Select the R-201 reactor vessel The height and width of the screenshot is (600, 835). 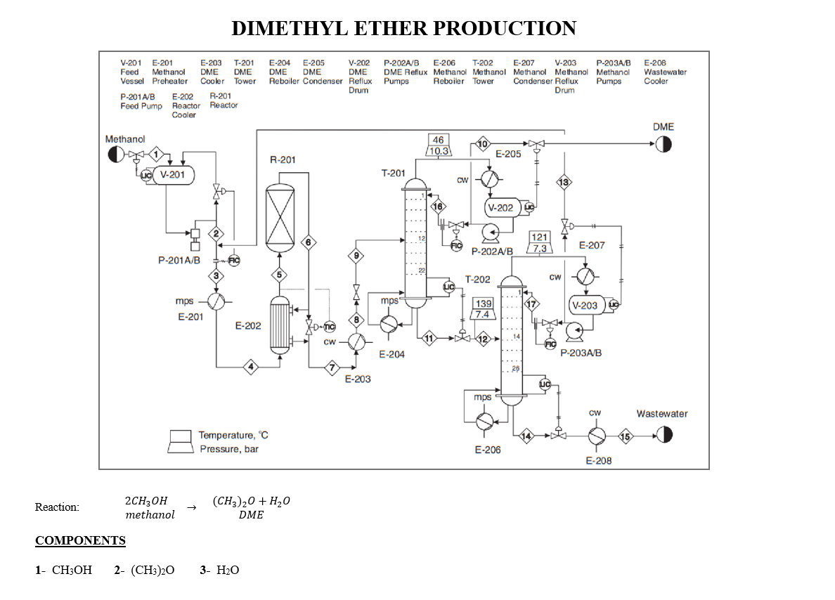click(280, 218)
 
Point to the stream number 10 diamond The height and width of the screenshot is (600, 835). click(483, 144)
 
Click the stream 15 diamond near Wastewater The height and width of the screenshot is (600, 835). click(625, 436)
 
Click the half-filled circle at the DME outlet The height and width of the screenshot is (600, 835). click(663, 145)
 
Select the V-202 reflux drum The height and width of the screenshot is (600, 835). click(500, 207)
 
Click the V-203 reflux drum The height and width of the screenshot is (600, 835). click(585, 305)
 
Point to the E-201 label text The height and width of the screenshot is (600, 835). click(190, 317)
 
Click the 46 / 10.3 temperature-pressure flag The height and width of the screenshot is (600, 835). click(439, 145)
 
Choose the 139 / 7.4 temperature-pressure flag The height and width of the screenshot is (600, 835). click(483, 308)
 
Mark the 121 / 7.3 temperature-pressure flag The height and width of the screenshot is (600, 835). click(539, 243)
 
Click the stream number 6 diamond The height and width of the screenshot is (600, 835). click(308, 242)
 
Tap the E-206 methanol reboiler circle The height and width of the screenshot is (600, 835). click(485, 421)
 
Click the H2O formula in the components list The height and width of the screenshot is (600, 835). click(228, 570)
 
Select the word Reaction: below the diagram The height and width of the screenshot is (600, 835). click(57, 507)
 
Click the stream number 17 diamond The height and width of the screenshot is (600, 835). click(532, 304)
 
